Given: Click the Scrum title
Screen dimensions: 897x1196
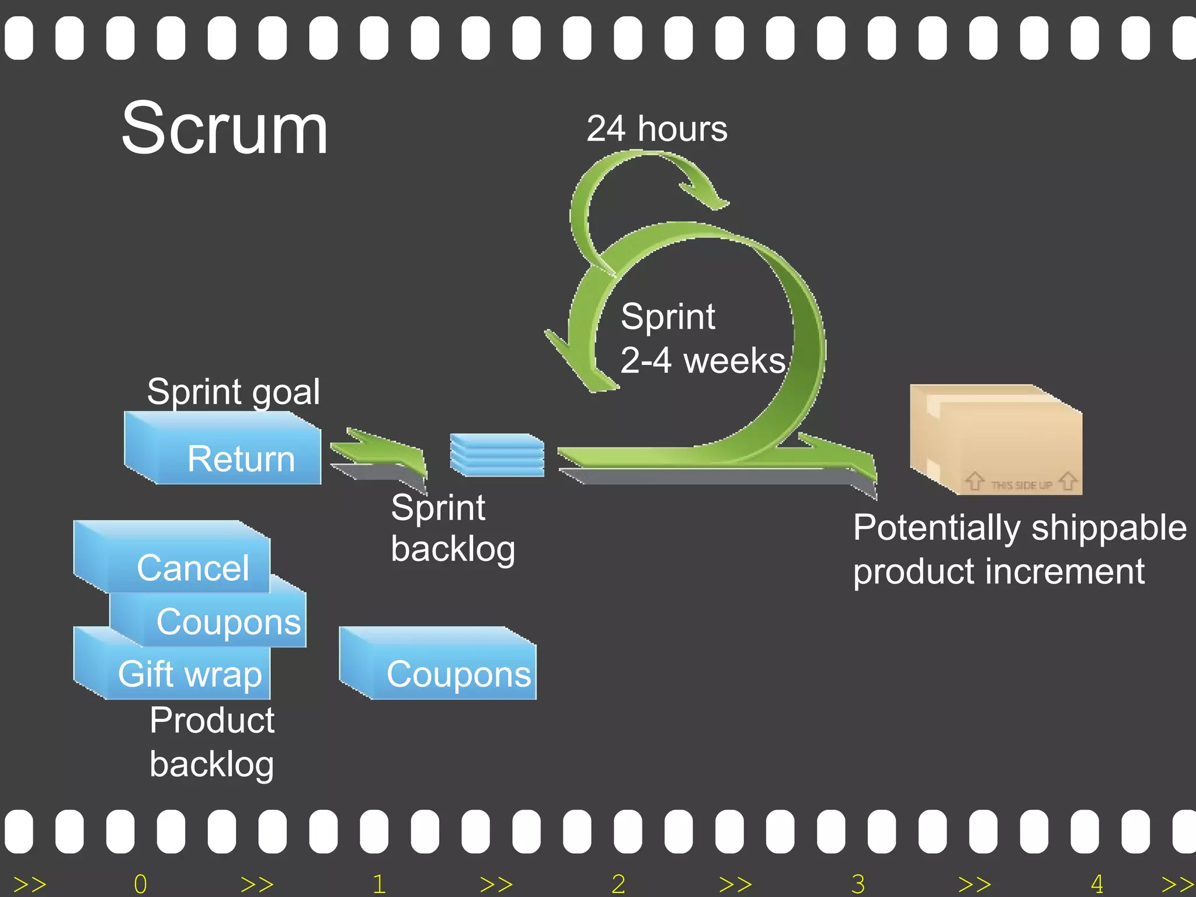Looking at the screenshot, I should pyautogui.click(x=225, y=128).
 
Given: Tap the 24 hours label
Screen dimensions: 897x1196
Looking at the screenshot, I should pyautogui.click(x=656, y=129).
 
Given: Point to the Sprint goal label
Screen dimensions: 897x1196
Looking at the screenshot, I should pyautogui.click(x=233, y=391).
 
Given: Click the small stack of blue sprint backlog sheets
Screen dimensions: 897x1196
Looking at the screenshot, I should pyautogui.click(x=497, y=455).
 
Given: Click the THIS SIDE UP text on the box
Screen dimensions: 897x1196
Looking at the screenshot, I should pyautogui.click(x=1021, y=485).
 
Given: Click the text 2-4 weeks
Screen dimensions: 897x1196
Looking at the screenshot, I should pyautogui.click(x=703, y=360).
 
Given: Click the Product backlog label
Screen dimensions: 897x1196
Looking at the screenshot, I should pyautogui.click(x=211, y=742).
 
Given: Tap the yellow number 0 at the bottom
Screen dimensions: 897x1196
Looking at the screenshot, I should pyautogui.click(x=140, y=884).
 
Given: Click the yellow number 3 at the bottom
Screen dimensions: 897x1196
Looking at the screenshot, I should pyautogui.click(x=858, y=884).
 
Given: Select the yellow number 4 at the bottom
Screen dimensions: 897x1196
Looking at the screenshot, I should pyautogui.click(x=1097, y=884).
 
